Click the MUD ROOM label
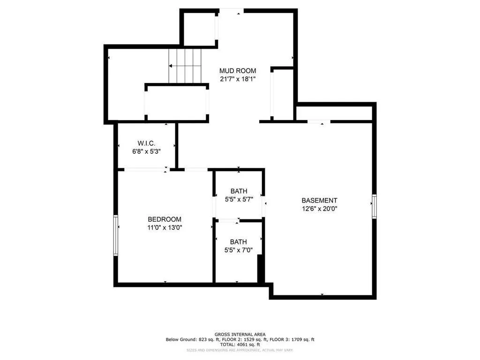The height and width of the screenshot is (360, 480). coord(238,71)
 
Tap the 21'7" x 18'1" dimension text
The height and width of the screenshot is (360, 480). coord(238,79)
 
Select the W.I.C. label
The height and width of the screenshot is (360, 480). coord(146,143)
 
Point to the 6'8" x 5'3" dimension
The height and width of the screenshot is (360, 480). coord(146,151)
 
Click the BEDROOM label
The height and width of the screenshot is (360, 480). coord(165,219)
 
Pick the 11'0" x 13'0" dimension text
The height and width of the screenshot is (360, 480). coord(165,227)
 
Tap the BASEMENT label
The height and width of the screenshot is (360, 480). coord(319,201)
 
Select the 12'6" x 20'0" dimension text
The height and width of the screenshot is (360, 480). coord(319,209)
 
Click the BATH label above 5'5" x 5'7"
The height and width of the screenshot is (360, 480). coord(239,191)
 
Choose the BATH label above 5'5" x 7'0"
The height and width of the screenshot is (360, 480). coord(238,242)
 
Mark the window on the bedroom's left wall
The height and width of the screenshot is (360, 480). coord(116,235)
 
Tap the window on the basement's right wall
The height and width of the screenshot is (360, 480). coord(374,206)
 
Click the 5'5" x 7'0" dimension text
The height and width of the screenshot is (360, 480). coord(239,250)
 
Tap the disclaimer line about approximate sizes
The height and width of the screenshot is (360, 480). coord(240,350)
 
